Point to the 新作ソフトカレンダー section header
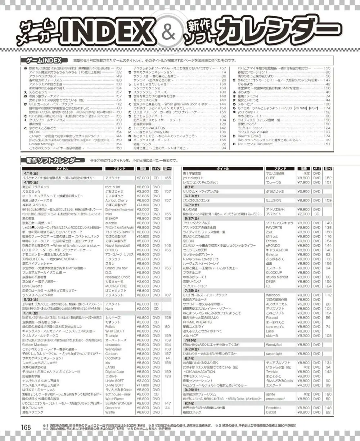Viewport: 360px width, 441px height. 53,160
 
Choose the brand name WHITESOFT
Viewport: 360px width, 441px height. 115,330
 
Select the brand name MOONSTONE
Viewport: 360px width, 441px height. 116,286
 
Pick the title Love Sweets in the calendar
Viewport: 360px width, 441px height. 32,286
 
